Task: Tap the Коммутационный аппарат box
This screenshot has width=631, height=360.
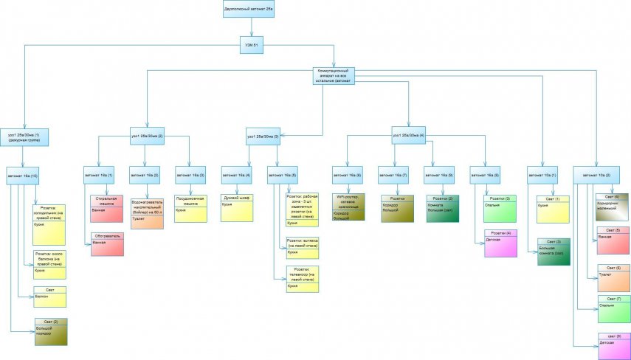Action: [334, 75]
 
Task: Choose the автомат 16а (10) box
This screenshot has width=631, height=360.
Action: [24, 176]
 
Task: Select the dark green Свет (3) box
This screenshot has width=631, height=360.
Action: [554, 251]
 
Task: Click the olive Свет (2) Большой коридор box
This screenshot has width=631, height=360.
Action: [49, 330]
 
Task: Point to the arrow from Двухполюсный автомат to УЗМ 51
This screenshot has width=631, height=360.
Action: [252, 27]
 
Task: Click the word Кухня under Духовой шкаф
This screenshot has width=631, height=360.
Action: [228, 205]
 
